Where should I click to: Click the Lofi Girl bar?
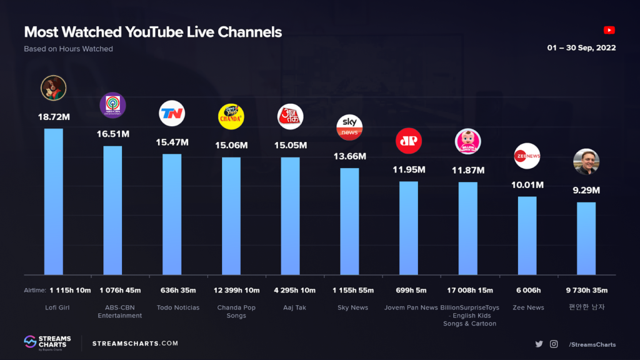[x=53, y=201]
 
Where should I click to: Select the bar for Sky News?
[x=349, y=221]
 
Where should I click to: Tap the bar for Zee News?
[x=527, y=236]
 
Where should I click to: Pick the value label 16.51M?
[x=113, y=134]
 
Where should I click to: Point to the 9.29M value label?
[x=586, y=190]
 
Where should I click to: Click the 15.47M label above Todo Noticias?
[x=172, y=142]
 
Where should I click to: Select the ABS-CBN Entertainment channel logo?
[x=113, y=105]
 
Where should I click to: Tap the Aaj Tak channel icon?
[x=290, y=116]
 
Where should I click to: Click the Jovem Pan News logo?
[x=409, y=141]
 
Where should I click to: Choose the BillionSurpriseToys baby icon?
[x=467, y=141]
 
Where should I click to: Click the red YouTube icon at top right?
[x=609, y=30]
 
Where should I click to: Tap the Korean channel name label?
[x=586, y=307]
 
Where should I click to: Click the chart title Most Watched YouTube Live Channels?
[x=152, y=32]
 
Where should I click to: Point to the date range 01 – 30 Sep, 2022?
[x=581, y=48]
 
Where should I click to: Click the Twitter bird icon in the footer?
[x=539, y=344]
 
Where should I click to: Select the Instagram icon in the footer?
[x=554, y=344]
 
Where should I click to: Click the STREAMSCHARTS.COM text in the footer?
[x=135, y=343]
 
